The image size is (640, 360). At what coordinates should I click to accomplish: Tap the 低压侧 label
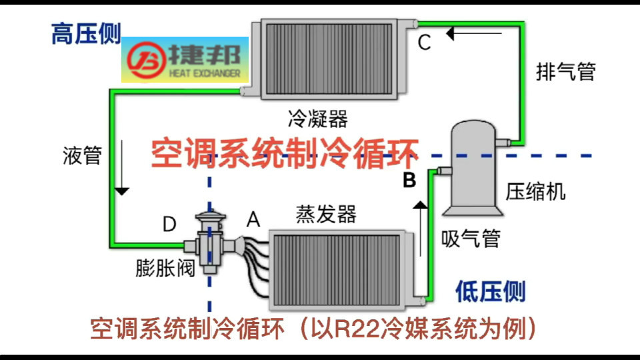click(490, 291)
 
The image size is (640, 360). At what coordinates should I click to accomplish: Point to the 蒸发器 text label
click(326, 215)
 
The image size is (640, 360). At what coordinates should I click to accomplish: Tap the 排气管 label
click(565, 71)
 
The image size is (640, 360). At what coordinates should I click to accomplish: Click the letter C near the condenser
click(425, 43)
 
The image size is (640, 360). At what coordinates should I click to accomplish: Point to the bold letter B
click(409, 180)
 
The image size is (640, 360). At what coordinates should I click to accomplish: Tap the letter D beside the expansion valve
click(169, 224)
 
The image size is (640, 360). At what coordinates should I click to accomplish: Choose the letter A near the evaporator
click(253, 219)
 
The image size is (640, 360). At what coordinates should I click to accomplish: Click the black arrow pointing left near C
click(473, 31)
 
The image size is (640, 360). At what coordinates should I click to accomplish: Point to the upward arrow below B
click(419, 227)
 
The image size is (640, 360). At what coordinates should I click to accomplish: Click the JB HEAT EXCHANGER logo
click(185, 59)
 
